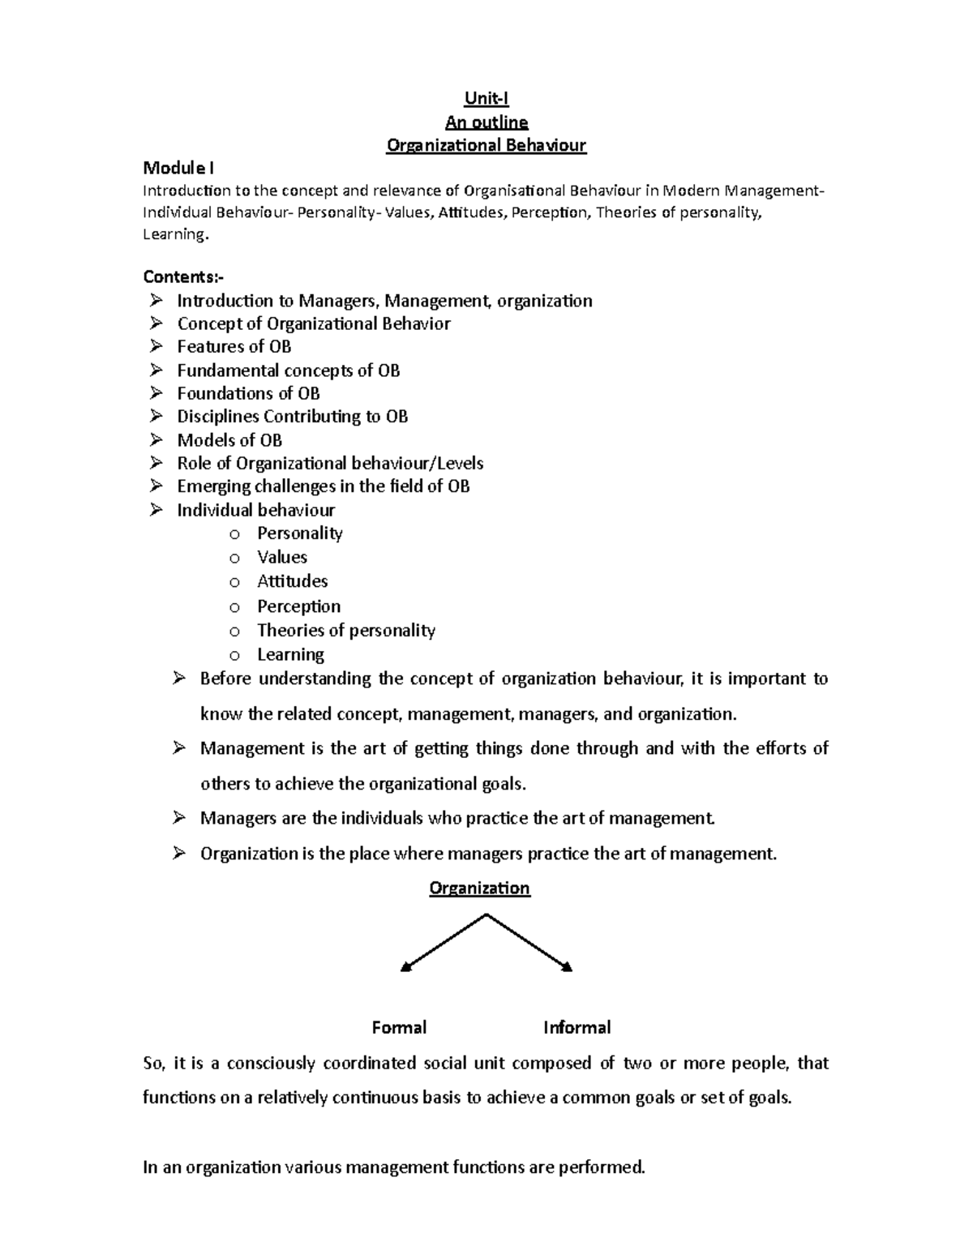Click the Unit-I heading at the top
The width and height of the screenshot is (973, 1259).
pos(486,99)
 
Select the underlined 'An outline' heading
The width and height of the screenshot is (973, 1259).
pos(486,122)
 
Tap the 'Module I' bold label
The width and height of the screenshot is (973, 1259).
pos(178,169)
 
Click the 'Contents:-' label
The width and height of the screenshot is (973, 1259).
pos(183,277)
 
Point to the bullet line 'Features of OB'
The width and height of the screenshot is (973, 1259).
pos(234,347)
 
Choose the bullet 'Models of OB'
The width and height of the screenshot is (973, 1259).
pos(229,440)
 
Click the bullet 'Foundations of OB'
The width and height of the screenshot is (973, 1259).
pos(248,394)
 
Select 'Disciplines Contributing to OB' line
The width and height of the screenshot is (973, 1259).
pos(292,417)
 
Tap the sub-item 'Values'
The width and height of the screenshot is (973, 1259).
pos(282,558)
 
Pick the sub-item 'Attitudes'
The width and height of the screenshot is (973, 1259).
pos(292,581)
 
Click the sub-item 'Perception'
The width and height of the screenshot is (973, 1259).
pos(298,606)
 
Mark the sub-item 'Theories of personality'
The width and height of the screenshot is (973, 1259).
pos(345,631)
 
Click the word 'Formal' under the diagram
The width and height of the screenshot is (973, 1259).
pos(399,1028)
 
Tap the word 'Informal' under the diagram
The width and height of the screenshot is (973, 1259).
pos(577,1028)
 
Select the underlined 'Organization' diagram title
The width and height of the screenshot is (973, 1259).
pos(479,889)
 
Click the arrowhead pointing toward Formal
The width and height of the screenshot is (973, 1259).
pos(406,966)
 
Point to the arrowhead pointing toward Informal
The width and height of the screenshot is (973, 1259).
pos(568,966)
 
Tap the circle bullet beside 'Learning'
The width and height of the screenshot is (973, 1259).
pos(234,655)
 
